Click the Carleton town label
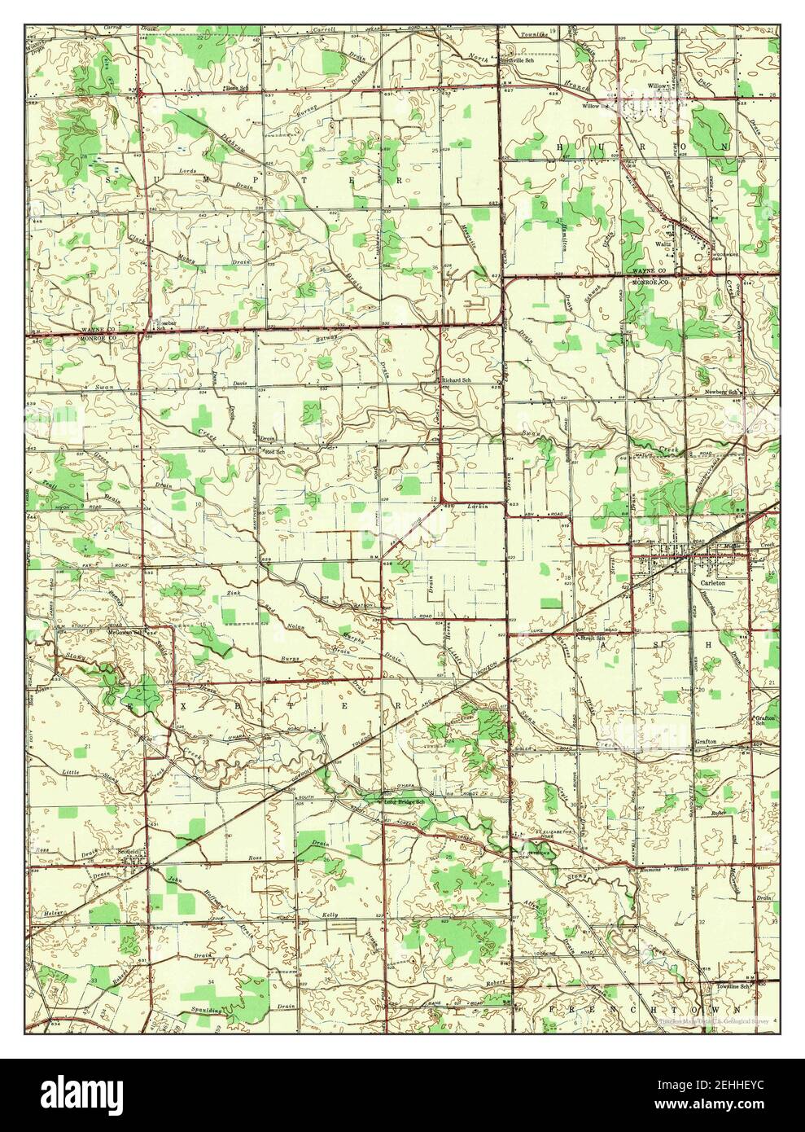tap(706, 583)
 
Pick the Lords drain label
tap(186, 172)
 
